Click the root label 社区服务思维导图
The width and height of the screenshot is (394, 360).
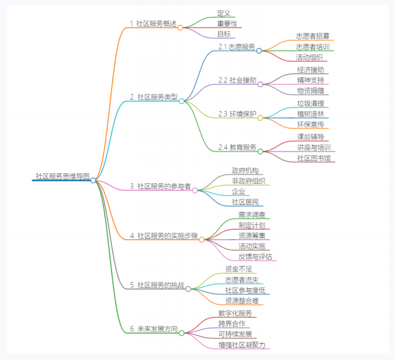pyautogui.click(x=62, y=176)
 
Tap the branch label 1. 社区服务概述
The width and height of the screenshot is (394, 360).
pyautogui.click(x=153, y=24)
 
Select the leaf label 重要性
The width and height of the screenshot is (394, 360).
pyautogui.click(x=227, y=24)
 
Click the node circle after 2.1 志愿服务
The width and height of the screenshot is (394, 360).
pyautogui.click(x=259, y=51)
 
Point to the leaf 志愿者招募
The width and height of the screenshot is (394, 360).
pyautogui.click(x=313, y=36)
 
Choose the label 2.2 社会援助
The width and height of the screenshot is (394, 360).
pyautogui.click(x=237, y=80)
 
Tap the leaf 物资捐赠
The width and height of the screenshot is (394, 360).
pyautogui.click(x=310, y=90)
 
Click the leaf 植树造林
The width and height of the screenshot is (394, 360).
pyautogui.click(x=310, y=114)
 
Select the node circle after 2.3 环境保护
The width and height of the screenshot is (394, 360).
pyautogui.click(x=260, y=118)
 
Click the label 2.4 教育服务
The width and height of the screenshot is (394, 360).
pyautogui.click(x=237, y=147)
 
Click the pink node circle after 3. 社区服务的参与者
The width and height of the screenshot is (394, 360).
pyautogui.click(x=195, y=190)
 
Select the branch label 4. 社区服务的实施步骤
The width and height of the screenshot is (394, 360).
pyautogui.click(x=164, y=236)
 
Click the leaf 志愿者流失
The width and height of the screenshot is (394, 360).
pyautogui.click(x=242, y=280)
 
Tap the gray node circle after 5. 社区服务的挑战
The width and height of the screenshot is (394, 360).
pyautogui.click(x=188, y=289)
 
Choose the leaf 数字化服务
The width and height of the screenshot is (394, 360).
pyautogui.click(x=235, y=313)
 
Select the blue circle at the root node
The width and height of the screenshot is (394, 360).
pyautogui.click(x=93, y=180)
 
